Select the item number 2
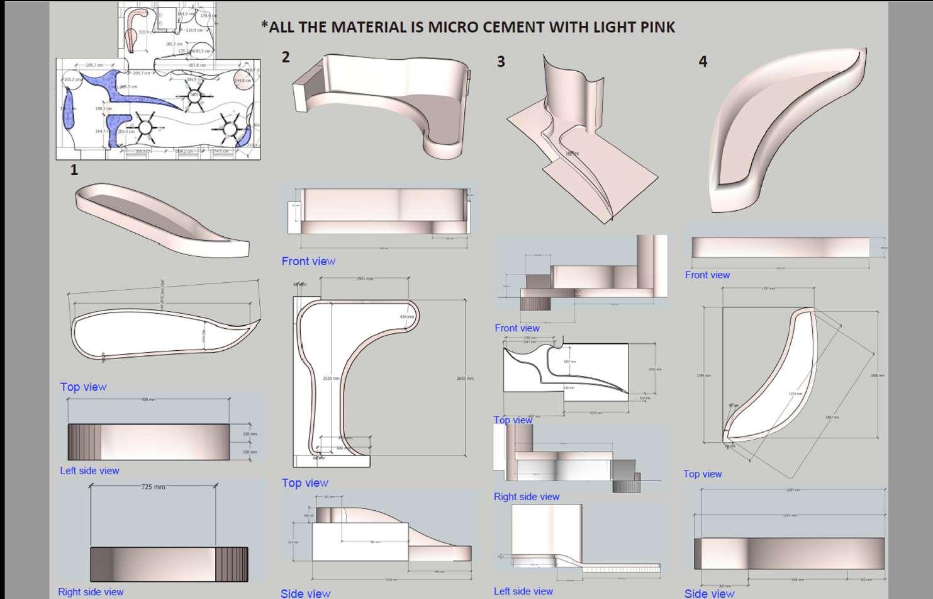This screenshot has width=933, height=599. pyautogui.click(x=286, y=57)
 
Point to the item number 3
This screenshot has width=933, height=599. pyautogui.click(x=501, y=62)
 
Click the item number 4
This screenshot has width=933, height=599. pyautogui.click(x=703, y=62)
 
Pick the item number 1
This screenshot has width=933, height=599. pyautogui.click(x=74, y=170)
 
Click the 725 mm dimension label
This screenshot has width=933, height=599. pyautogui.click(x=153, y=487)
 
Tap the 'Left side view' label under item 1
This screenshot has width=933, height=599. pyautogui.click(x=89, y=471)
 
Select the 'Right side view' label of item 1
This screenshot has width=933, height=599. pyautogui.click(x=91, y=591)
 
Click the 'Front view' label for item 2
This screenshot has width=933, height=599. pyautogui.click(x=308, y=261)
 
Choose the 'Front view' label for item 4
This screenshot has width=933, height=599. pyautogui.click(x=707, y=275)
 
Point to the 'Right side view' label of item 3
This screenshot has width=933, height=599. pyautogui.click(x=527, y=496)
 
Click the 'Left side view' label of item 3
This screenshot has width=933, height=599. pyautogui.click(x=523, y=591)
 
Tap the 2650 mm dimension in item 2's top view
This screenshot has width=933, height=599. pyautogui.click(x=465, y=379)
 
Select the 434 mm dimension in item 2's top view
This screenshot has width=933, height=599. pyautogui.click(x=406, y=317)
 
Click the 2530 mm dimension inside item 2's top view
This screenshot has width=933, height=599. pyautogui.click(x=331, y=379)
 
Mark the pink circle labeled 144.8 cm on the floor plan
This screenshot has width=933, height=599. pyautogui.click(x=243, y=81)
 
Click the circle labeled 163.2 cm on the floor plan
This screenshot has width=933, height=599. pyautogui.click(x=72, y=81)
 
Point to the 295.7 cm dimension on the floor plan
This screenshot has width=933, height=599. pyautogui.click(x=94, y=65)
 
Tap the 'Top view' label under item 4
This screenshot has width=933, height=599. pyautogui.click(x=702, y=474)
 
